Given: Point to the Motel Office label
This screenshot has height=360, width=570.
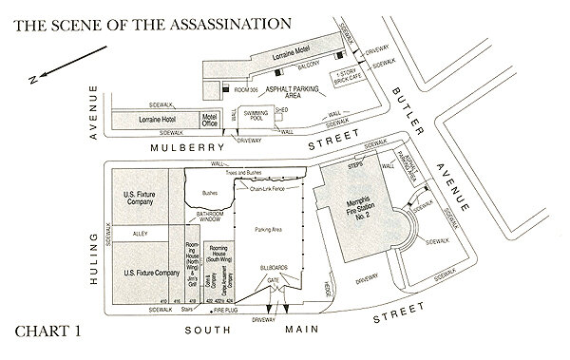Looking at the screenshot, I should pyautogui.click(x=210, y=120).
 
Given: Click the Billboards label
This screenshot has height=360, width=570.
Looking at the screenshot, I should pyautogui.click(x=277, y=269).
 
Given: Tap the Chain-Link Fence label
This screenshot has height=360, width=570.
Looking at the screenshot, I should pyautogui.click(x=269, y=188).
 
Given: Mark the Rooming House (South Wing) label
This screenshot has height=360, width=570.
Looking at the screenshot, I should pyautogui.click(x=217, y=257).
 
